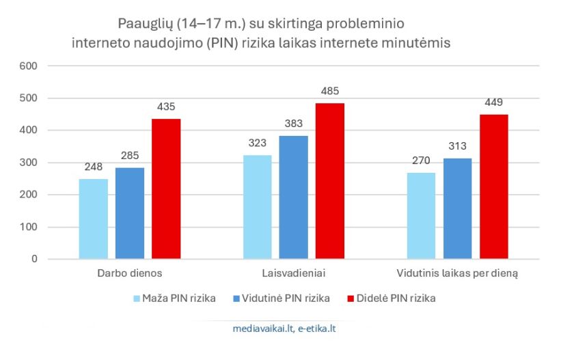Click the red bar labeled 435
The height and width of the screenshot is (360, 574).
pyautogui.click(x=166, y=189)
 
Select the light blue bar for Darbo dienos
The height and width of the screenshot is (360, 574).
pyautogui.click(x=94, y=219)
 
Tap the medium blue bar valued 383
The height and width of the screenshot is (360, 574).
pyautogui.click(x=293, y=197)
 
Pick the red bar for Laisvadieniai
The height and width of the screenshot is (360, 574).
pyautogui.click(x=330, y=181)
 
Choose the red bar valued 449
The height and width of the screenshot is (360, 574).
pyautogui.click(x=494, y=186)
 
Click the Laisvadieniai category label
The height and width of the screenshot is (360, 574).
pyautogui.click(x=293, y=275)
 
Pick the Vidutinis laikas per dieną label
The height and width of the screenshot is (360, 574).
pyautogui.click(x=457, y=275)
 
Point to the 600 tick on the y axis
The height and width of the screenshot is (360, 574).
pyautogui.click(x=28, y=66)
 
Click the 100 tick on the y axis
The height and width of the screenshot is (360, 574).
pyautogui.click(x=28, y=227)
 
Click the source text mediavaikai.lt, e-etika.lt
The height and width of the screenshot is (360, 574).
pyautogui.click(x=284, y=329)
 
